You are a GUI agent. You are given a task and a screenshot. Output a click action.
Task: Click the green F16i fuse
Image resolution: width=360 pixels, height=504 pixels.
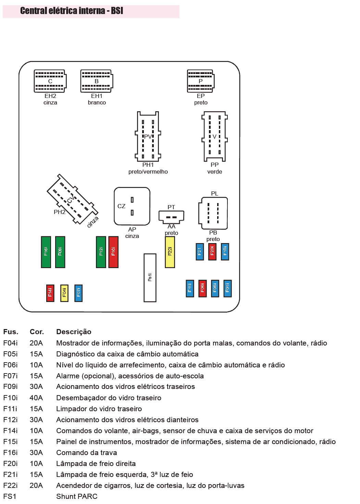tap(46, 252)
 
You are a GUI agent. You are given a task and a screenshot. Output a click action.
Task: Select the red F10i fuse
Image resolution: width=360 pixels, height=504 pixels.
tap(113, 252)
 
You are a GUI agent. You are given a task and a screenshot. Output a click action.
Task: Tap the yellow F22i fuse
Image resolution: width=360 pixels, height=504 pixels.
tap(170, 252)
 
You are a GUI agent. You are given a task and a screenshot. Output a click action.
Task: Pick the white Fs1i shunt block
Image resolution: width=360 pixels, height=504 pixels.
tap(150, 278)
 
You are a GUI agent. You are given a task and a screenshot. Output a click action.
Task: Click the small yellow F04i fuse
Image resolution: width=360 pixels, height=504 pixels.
tap(64, 293)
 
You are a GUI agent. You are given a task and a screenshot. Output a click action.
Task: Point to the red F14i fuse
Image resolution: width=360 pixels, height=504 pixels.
tap(50, 293)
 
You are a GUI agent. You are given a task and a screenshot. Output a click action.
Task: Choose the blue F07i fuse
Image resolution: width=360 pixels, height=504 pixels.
tap(78, 293)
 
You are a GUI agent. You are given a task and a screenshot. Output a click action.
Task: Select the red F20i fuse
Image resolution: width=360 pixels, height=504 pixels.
tap(212, 252)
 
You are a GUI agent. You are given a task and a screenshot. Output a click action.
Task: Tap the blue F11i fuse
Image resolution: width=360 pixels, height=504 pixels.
tap(190, 288)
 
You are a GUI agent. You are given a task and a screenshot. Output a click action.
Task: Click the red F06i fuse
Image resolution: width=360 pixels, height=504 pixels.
tap(202, 288)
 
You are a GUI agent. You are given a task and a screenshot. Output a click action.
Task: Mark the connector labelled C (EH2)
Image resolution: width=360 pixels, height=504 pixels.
tap(50, 81)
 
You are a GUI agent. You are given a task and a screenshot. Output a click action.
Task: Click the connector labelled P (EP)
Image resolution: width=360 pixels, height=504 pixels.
tap(201, 81)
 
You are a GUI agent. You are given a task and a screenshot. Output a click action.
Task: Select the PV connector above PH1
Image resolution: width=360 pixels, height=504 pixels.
tap(148, 137)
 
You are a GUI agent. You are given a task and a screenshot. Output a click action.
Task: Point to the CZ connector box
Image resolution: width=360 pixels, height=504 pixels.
tap(132, 206)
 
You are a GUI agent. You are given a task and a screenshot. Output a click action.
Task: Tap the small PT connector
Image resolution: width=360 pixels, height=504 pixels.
tap(171, 216)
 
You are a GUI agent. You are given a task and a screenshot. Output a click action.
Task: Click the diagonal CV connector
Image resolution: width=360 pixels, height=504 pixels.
tap(72, 199)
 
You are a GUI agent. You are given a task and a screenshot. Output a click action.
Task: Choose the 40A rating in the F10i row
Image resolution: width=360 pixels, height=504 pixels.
tap(36, 398)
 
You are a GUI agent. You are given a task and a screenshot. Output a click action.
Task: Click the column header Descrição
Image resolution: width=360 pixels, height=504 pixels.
tap(74, 332)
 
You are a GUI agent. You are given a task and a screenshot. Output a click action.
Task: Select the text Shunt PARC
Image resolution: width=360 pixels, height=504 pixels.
tap(77, 496)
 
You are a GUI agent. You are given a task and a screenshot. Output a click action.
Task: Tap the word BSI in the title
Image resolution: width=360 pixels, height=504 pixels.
tap(117, 11)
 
